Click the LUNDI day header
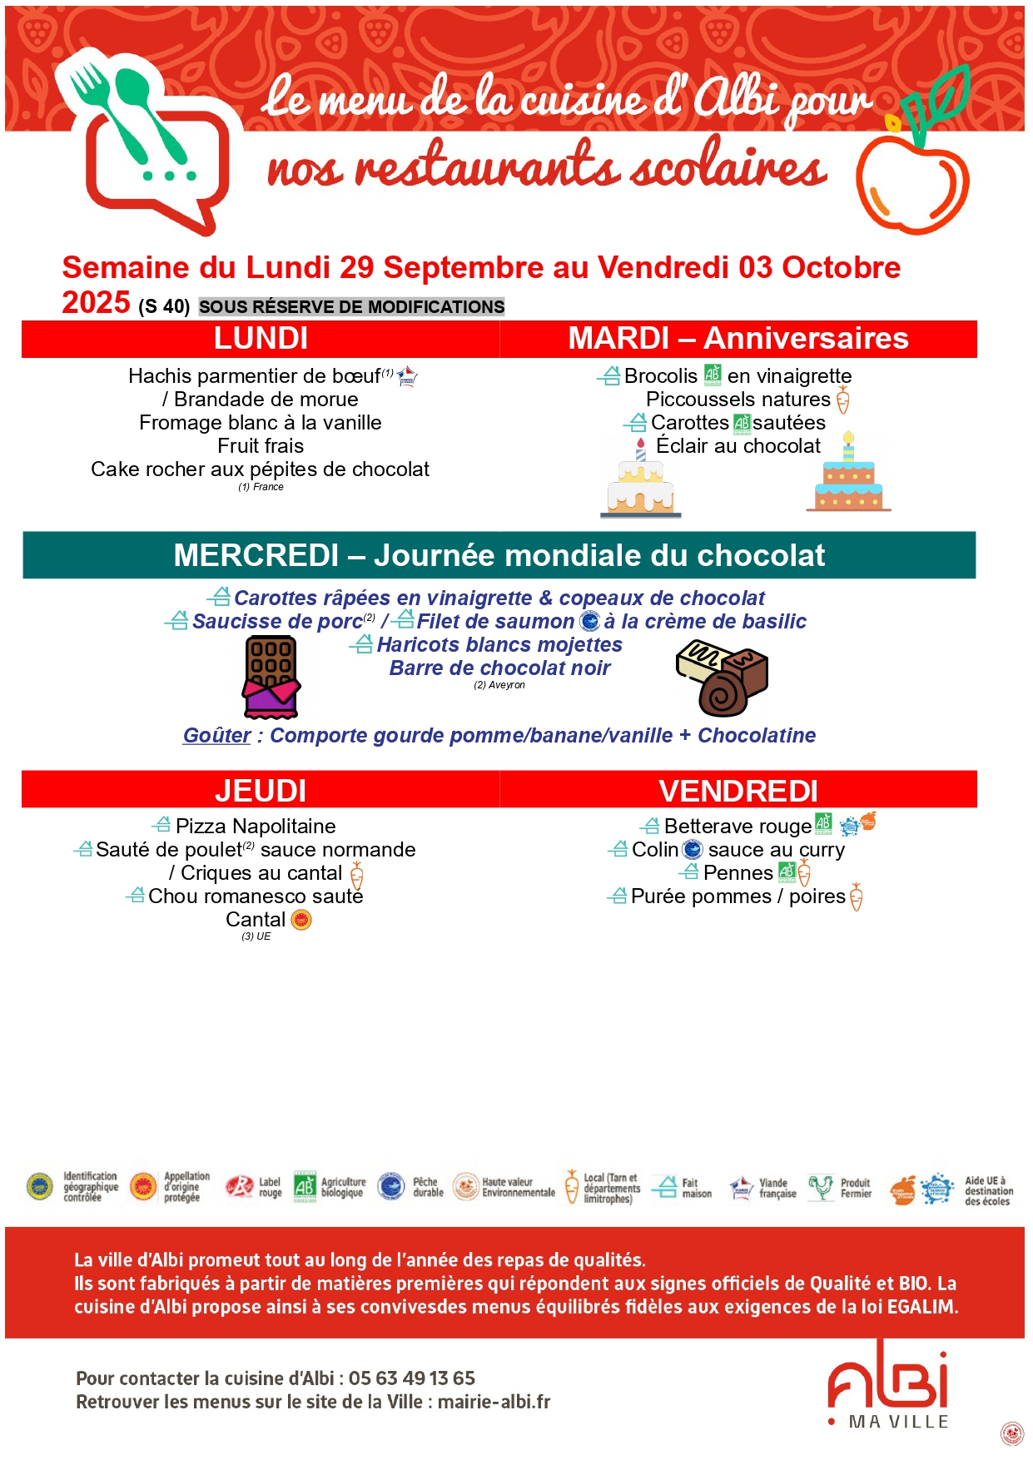pyautogui.click(x=261, y=339)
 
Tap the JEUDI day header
pyautogui.click(x=261, y=790)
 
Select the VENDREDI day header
pyautogui.click(x=738, y=790)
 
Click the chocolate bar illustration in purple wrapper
pyautogui.click(x=271, y=676)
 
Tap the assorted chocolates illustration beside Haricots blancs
pyautogui.click(x=722, y=678)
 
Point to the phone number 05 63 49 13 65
pyautogui.click(x=411, y=1378)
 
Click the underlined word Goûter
pyautogui.click(x=216, y=736)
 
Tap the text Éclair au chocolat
pyautogui.click(x=738, y=446)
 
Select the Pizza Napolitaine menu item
pyautogui.click(x=256, y=826)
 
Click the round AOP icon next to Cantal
pyautogui.click(x=301, y=920)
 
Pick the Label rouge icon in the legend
pyautogui.click(x=241, y=1187)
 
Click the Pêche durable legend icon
pyautogui.click(x=391, y=1186)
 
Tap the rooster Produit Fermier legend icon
pyautogui.click(x=821, y=1187)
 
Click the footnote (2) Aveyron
pyautogui.click(x=499, y=685)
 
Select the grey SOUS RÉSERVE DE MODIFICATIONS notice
pyautogui.click(x=351, y=307)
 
